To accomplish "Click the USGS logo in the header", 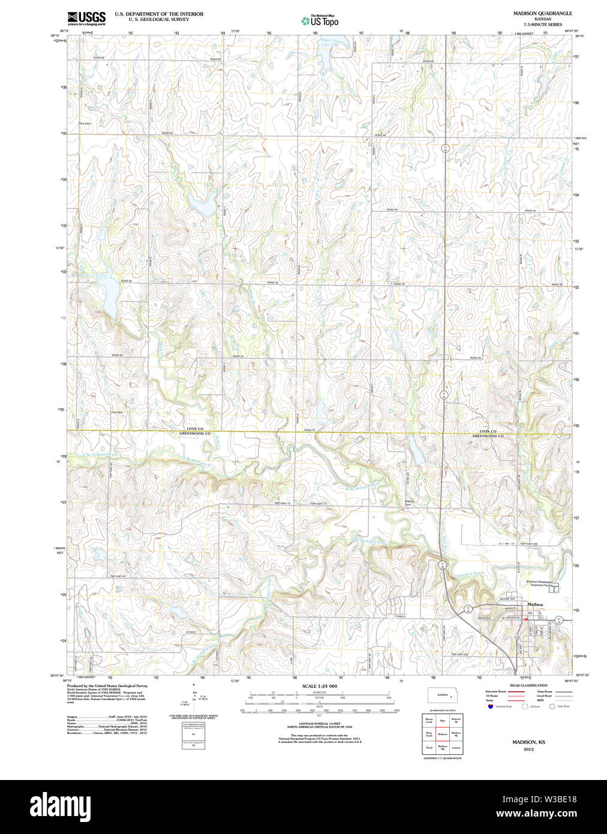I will coord(86,18).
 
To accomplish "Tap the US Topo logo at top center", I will coord(320,21).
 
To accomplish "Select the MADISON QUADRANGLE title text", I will coord(542,13).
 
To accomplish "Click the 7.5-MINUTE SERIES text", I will coord(542,25).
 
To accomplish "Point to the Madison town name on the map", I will coord(535,604).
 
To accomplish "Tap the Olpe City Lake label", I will coord(325,43).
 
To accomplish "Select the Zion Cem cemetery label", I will coord(85,124).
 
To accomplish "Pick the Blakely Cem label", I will coord(409,503).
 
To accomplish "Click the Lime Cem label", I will coord(116,412).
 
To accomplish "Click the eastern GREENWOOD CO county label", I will coord(487,436).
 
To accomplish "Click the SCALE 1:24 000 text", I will coord(319,686).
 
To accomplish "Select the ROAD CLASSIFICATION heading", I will coord(528,685).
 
